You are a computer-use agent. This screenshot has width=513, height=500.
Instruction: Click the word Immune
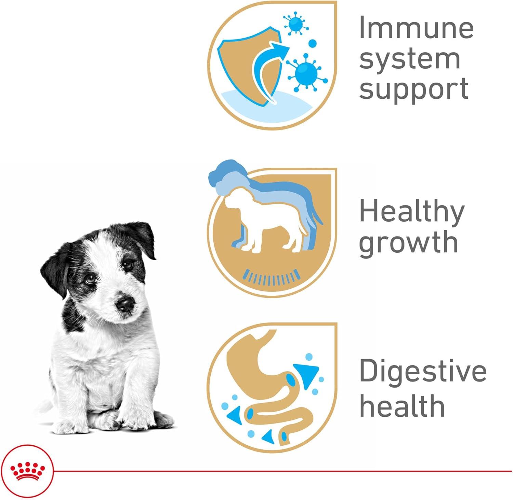point(416,27)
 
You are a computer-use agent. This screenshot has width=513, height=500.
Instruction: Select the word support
point(414,89)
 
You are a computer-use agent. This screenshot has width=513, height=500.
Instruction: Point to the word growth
point(408,242)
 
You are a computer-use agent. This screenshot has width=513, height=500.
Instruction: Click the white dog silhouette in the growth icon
point(263,219)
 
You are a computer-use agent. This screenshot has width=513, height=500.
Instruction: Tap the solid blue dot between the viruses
point(313,44)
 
